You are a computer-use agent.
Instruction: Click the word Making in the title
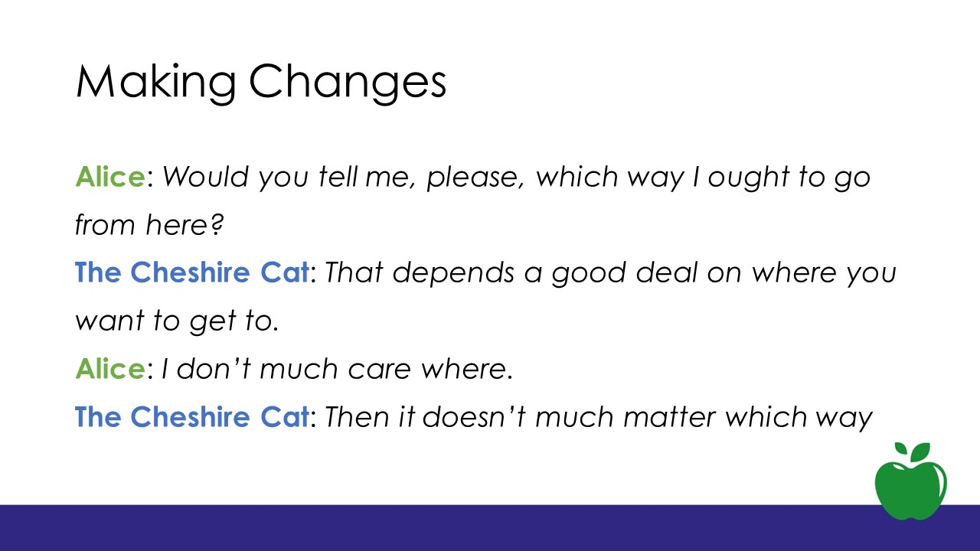tap(155, 82)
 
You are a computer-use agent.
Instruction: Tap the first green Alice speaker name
tap(110, 177)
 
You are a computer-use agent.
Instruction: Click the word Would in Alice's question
tap(206, 177)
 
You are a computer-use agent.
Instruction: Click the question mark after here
tap(217, 224)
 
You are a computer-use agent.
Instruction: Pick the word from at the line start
tap(105, 225)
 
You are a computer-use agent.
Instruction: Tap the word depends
tap(453, 274)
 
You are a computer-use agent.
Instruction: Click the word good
tap(589, 274)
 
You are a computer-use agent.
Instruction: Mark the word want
tap(109, 321)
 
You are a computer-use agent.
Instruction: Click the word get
tap(213, 323)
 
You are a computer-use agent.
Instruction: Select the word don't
tap(214, 369)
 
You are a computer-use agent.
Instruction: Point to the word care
tap(380, 370)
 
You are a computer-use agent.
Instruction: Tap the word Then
tap(357, 417)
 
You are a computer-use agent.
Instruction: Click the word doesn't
tap(474, 417)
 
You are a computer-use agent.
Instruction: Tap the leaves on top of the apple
tap(912, 452)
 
